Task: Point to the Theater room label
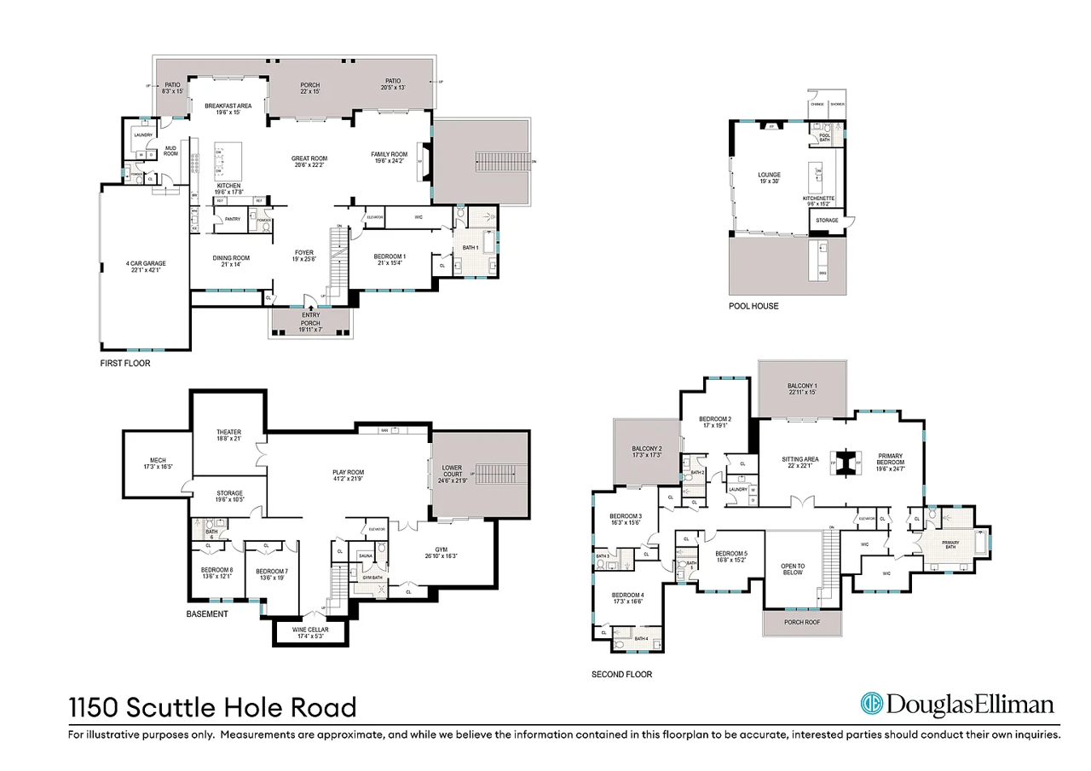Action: tap(229, 435)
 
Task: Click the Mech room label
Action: tap(159, 463)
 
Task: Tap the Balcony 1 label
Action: tap(802, 388)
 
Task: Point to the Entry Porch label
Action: tap(311, 319)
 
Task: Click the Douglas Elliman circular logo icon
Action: tap(870, 705)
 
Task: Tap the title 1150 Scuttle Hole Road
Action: tap(212, 707)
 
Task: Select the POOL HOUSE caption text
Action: tap(753, 306)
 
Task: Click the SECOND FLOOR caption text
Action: tap(621, 674)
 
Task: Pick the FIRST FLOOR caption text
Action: tap(125, 362)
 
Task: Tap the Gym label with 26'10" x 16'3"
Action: tap(440, 552)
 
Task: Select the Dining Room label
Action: tap(230, 262)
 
